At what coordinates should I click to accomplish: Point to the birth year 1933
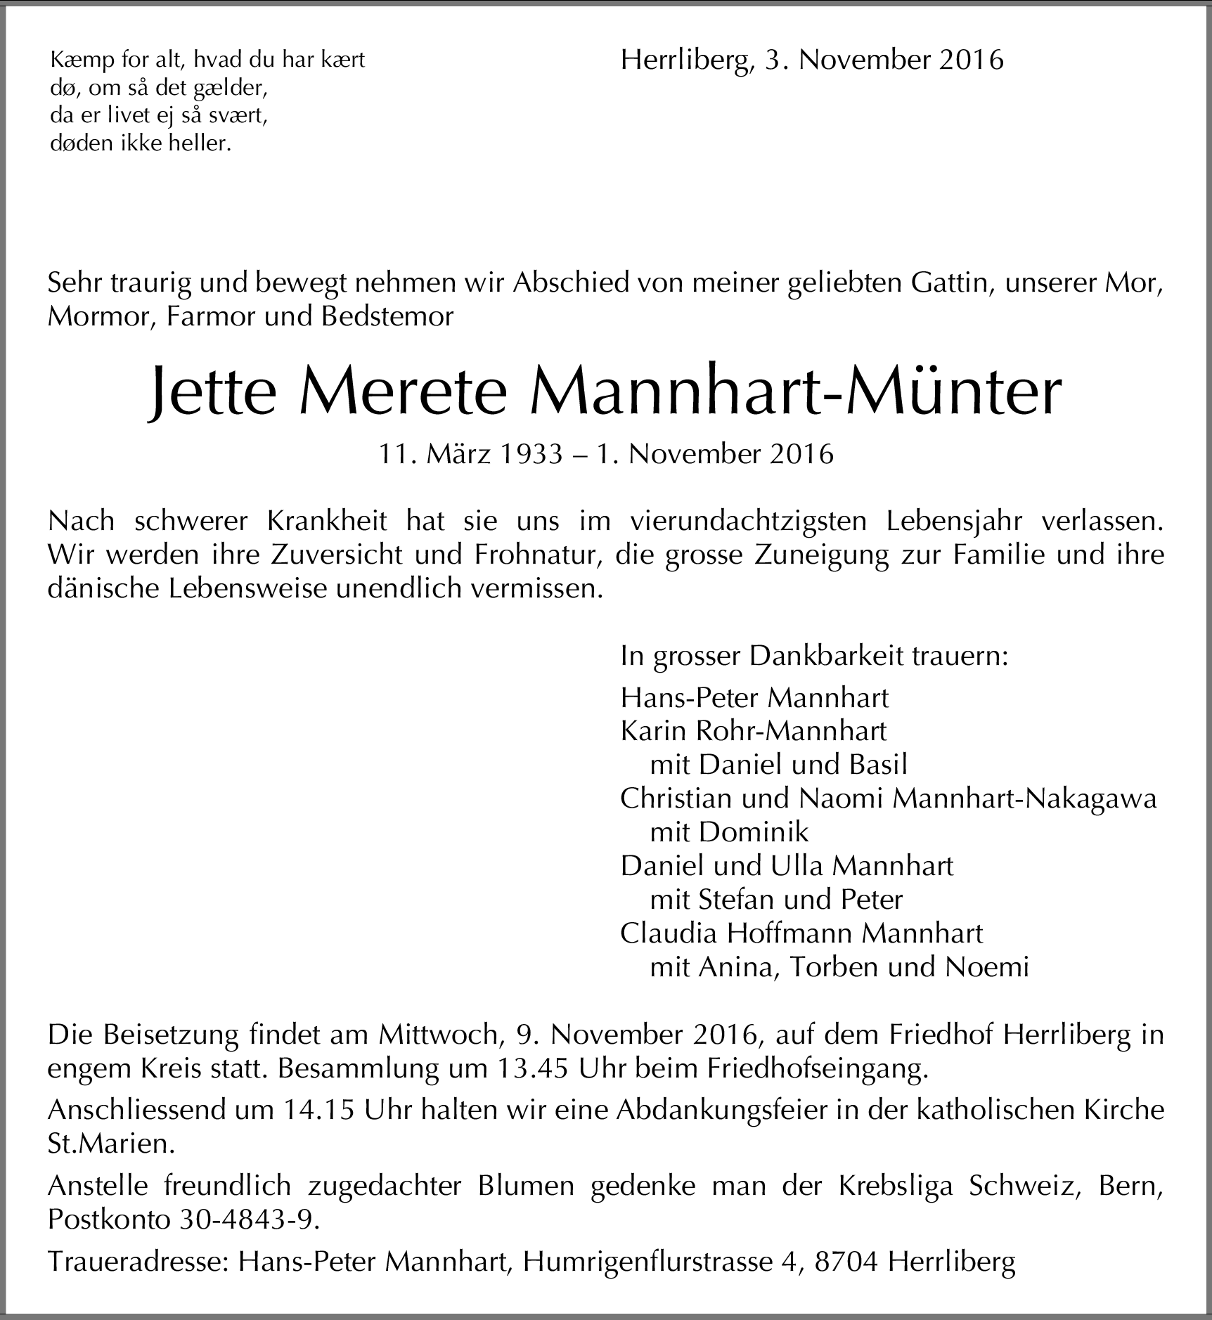531,455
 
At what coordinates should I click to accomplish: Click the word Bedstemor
387,317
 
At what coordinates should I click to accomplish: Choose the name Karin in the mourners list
652,731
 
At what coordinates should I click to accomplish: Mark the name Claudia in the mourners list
669,933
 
